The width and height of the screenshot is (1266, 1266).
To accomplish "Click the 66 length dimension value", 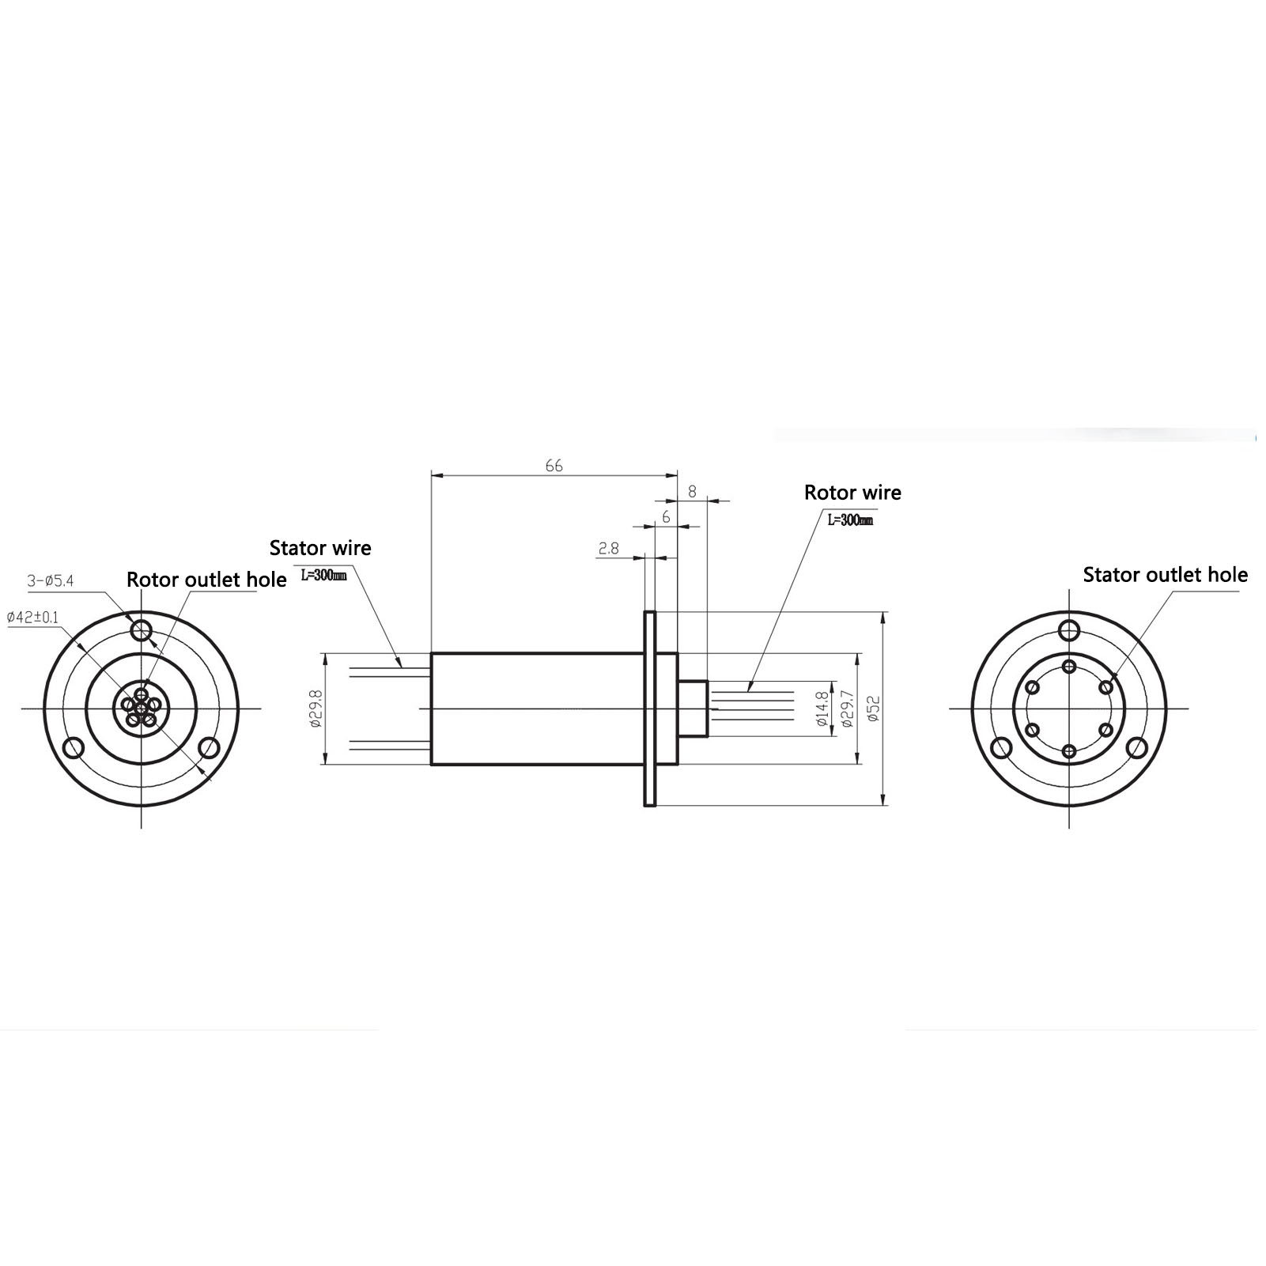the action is click(x=554, y=466).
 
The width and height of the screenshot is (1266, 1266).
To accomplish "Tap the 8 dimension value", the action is click(x=692, y=491).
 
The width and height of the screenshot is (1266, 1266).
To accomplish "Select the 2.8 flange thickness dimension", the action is click(x=609, y=548).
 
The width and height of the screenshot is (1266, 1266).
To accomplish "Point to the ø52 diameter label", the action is click(x=873, y=709).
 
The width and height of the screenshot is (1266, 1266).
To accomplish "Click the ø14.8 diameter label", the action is click(x=822, y=709).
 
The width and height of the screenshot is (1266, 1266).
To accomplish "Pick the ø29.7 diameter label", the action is click(x=848, y=709).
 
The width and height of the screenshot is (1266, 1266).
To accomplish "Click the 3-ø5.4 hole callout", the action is click(x=51, y=581).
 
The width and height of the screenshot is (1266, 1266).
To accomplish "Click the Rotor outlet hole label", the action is click(x=206, y=580).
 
